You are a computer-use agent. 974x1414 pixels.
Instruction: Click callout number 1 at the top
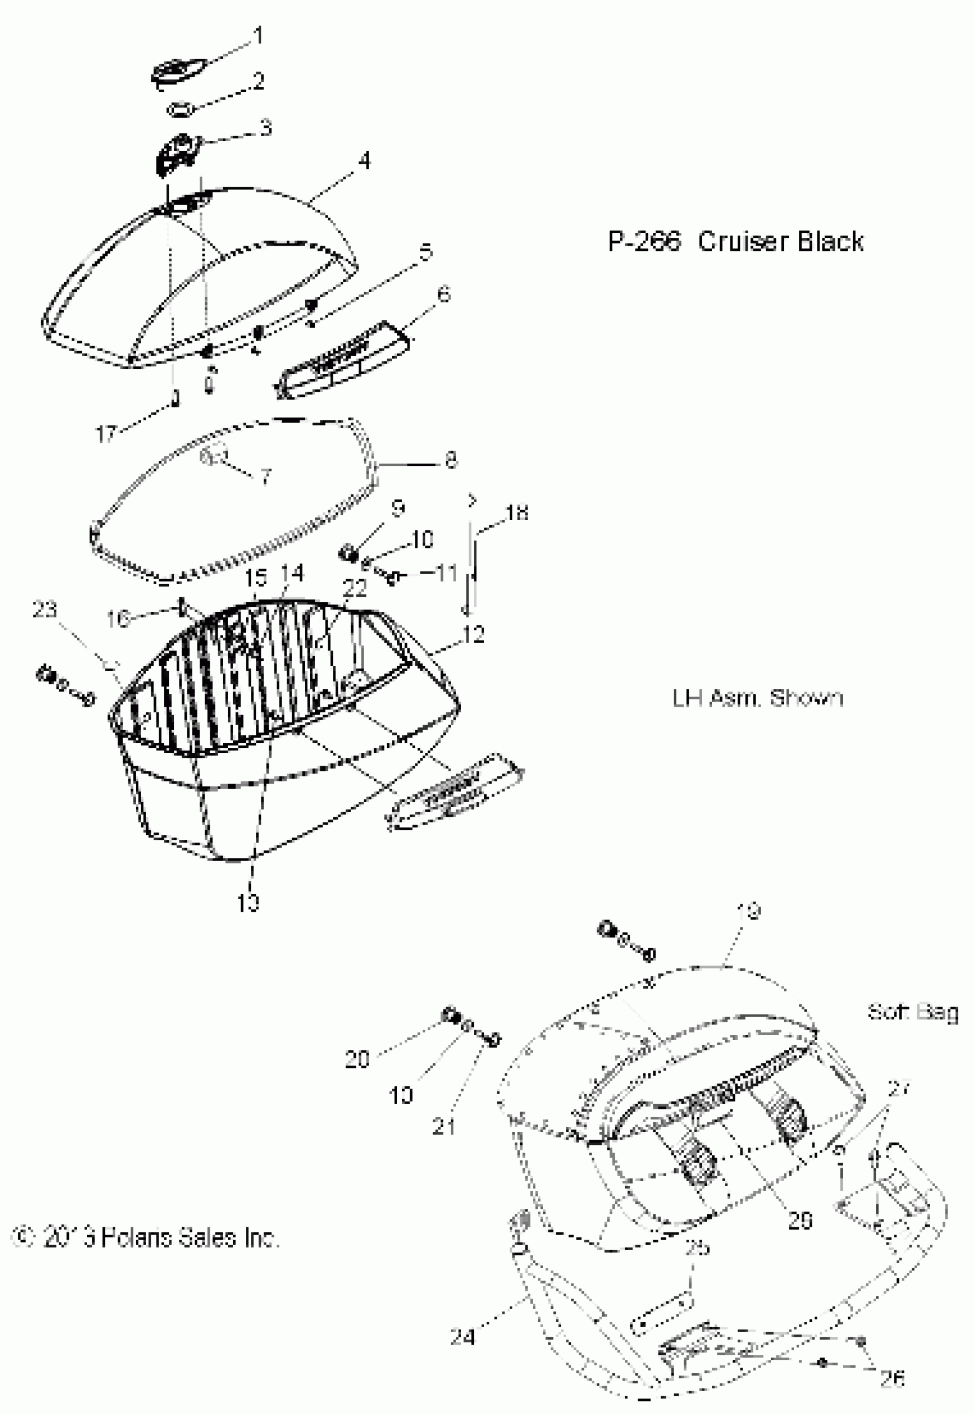(258, 36)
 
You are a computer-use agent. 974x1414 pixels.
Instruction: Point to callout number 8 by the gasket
(450, 459)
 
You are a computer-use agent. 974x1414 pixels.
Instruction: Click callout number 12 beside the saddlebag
(474, 635)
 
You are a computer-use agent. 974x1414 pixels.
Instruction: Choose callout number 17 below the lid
(105, 434)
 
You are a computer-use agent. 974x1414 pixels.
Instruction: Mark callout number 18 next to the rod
(517, 513)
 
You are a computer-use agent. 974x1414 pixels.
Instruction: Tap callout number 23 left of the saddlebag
(45, 609)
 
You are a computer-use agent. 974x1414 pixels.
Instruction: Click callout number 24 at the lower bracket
(462, 1337)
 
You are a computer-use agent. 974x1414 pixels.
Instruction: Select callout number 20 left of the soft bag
(357, 1059)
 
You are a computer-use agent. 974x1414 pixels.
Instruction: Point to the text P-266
(643, 242)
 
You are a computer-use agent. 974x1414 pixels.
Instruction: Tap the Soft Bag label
(912, 1012)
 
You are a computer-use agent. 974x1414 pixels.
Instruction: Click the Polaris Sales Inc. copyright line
(146, 1237)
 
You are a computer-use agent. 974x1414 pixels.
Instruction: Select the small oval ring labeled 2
(181, 110)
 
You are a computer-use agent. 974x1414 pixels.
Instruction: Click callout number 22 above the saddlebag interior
(355, 589)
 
